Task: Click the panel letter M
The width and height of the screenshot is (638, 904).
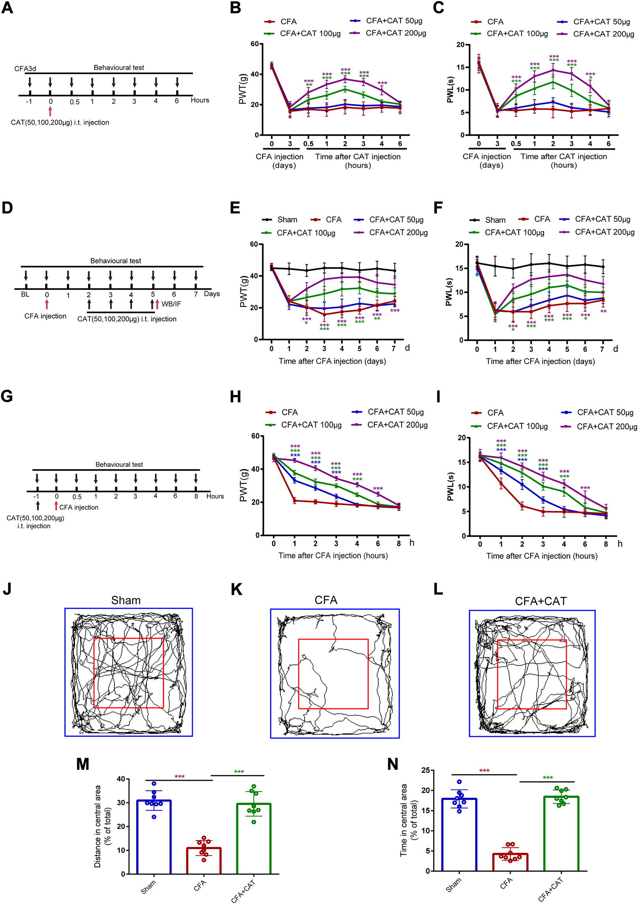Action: point(83,764)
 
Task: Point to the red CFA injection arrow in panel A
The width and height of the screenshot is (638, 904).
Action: point(50,111)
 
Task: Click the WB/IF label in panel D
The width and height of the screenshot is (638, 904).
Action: point(171,304)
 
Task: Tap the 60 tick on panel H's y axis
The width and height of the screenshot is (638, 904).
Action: point(255,436)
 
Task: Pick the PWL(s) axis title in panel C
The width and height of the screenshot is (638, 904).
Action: point(450,90)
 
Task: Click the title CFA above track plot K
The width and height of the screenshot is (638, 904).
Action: point(326,600)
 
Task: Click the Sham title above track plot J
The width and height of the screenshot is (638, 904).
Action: point(126,600)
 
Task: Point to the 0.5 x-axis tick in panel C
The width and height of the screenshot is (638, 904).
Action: point(516,144)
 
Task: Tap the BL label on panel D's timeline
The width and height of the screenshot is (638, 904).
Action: point(25,294)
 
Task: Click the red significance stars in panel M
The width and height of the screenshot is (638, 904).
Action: point(180,777)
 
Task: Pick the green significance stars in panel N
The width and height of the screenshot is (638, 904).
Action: point(548,778)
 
